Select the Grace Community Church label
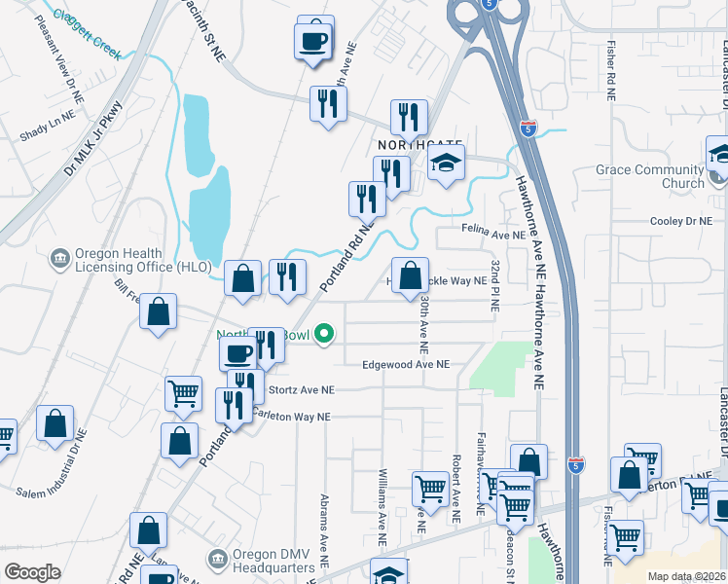coord(650,176)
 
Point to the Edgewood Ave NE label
coord(405,364)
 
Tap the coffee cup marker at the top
coord(313,41)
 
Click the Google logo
coord(32,572)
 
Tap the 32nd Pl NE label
coord(495,285)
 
